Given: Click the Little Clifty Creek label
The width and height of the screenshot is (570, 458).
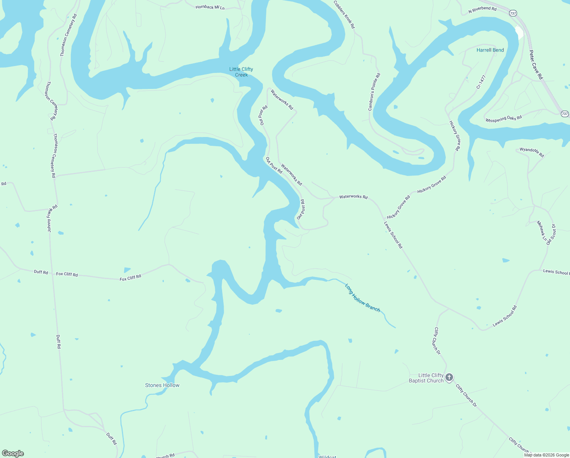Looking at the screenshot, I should [x=241, y=72].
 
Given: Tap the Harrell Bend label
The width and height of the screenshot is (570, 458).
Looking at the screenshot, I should [x=490, y=50].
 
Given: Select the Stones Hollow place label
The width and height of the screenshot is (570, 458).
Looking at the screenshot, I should [x=162, y=385].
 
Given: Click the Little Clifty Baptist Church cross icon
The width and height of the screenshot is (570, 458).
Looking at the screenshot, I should [x=449, y=377].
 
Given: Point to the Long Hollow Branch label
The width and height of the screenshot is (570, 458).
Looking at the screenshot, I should [x=362, y=298].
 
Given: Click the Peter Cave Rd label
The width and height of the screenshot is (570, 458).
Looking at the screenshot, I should [x=536, y=65].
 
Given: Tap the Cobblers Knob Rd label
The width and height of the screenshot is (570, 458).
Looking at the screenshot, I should [x=344, y=15].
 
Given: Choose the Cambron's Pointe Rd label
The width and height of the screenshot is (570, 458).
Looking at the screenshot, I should [x=374, y=92].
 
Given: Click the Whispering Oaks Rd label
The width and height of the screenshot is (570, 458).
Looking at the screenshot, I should [x=503, y=119].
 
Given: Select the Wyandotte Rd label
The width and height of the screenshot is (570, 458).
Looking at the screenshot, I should [x=532, y=152].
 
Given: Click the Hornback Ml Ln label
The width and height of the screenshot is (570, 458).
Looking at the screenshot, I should [x=210, y=7].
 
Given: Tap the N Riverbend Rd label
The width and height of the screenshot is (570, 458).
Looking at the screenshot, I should [x=482, y=10].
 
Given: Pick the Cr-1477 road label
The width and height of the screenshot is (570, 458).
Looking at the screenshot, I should [x=481, y=82].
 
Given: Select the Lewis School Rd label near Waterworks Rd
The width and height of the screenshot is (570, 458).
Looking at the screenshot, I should [x=393, y=235].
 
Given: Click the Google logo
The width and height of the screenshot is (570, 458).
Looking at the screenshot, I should [x=13, y=453].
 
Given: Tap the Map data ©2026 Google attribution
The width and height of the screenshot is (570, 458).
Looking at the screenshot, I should [x=546, y=455].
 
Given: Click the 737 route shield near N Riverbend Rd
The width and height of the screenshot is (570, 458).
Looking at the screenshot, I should [x=513, y=13].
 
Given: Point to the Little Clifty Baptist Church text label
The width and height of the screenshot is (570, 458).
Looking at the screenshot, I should [x=426, y=378].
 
